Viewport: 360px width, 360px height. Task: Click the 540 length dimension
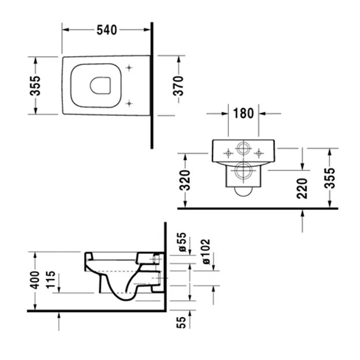pos(107,30)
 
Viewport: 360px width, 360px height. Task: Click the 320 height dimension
pos(186,179)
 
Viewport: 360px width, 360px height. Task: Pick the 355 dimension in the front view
pos(330,177)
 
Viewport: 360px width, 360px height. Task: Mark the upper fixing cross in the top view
pos(129,67)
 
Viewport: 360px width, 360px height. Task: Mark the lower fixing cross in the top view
pos(129,102)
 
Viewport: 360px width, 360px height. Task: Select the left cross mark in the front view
pos(227,152)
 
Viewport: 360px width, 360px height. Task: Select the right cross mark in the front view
pos(259,152)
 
